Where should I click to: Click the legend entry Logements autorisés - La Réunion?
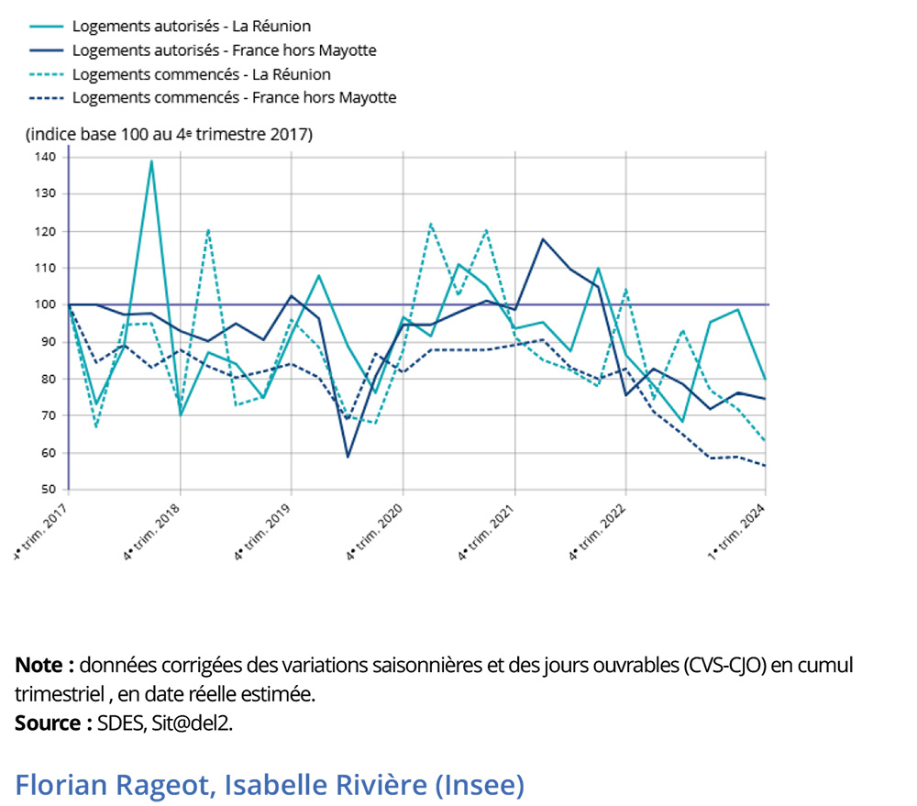[x=191, y=27]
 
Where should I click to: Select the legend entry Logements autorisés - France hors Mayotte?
[x=224, y=50]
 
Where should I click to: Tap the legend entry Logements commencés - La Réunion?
[x=201, y=74]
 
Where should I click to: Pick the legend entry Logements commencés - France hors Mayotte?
[x=234, y=97]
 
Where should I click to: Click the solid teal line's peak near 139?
[x=151, y=161]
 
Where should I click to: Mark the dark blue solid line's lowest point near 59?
[x=348, y=457]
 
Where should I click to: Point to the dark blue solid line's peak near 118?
[x=543, y=239]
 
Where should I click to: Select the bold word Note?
[x=39, y=665]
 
